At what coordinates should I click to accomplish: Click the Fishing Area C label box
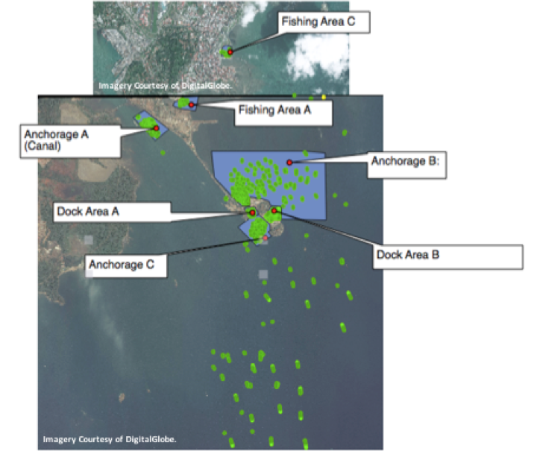pos(324,22)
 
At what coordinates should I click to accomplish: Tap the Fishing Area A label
pos(283,113)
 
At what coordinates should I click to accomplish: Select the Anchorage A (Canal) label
pos(70,141)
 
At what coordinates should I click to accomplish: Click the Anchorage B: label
pos(407,165)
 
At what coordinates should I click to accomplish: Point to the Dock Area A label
pos(112,212)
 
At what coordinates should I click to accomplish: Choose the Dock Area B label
pos(447,256)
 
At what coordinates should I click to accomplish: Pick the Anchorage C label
pos(126,265)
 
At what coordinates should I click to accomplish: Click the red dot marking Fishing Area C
pos(230,52)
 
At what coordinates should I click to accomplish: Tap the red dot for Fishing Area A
pos(192,105)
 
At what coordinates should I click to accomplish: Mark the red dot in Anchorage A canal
pos(156,128)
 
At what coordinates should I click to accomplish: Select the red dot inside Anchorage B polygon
pos(289,163)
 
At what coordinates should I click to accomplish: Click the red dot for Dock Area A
pos(252,212)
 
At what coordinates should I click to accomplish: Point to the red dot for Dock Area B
pos(274,210)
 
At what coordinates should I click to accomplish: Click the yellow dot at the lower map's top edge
pos(324,97)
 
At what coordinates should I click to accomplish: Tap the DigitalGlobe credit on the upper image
pos(165,86)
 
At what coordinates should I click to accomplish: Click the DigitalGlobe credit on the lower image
pos(110,439)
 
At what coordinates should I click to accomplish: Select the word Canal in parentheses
pos(43,146)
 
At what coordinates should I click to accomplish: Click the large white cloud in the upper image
pos(317,57)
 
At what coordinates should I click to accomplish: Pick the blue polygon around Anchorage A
pos(151,124)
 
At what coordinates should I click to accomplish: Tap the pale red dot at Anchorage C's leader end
pos(265,238)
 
